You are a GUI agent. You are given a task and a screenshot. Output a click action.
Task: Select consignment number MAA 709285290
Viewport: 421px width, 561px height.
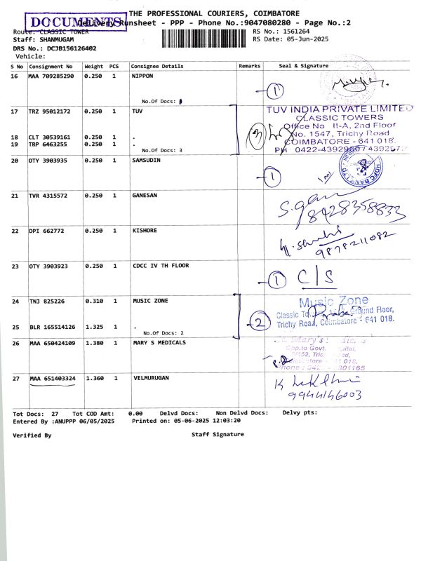tap(51, 75)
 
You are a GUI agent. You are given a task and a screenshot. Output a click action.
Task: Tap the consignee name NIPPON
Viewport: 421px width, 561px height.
tap(142, 75)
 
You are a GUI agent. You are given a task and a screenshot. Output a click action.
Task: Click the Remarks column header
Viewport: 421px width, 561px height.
tap(249, 66)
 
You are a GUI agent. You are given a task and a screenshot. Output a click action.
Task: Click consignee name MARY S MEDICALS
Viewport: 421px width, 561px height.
tap(159, 342)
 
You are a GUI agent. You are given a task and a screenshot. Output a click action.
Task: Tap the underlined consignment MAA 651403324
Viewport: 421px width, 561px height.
tap(53, 378)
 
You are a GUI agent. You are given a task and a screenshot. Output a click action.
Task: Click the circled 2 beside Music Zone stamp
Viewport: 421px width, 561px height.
tap(259, 323)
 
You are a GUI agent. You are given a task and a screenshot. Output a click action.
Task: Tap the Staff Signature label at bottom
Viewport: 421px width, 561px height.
tap(218, 435)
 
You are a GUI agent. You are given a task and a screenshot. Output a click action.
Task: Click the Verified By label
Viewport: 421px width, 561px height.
tap(32, 435)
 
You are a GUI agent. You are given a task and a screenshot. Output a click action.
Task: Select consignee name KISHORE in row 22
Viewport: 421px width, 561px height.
tap(145, 231)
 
